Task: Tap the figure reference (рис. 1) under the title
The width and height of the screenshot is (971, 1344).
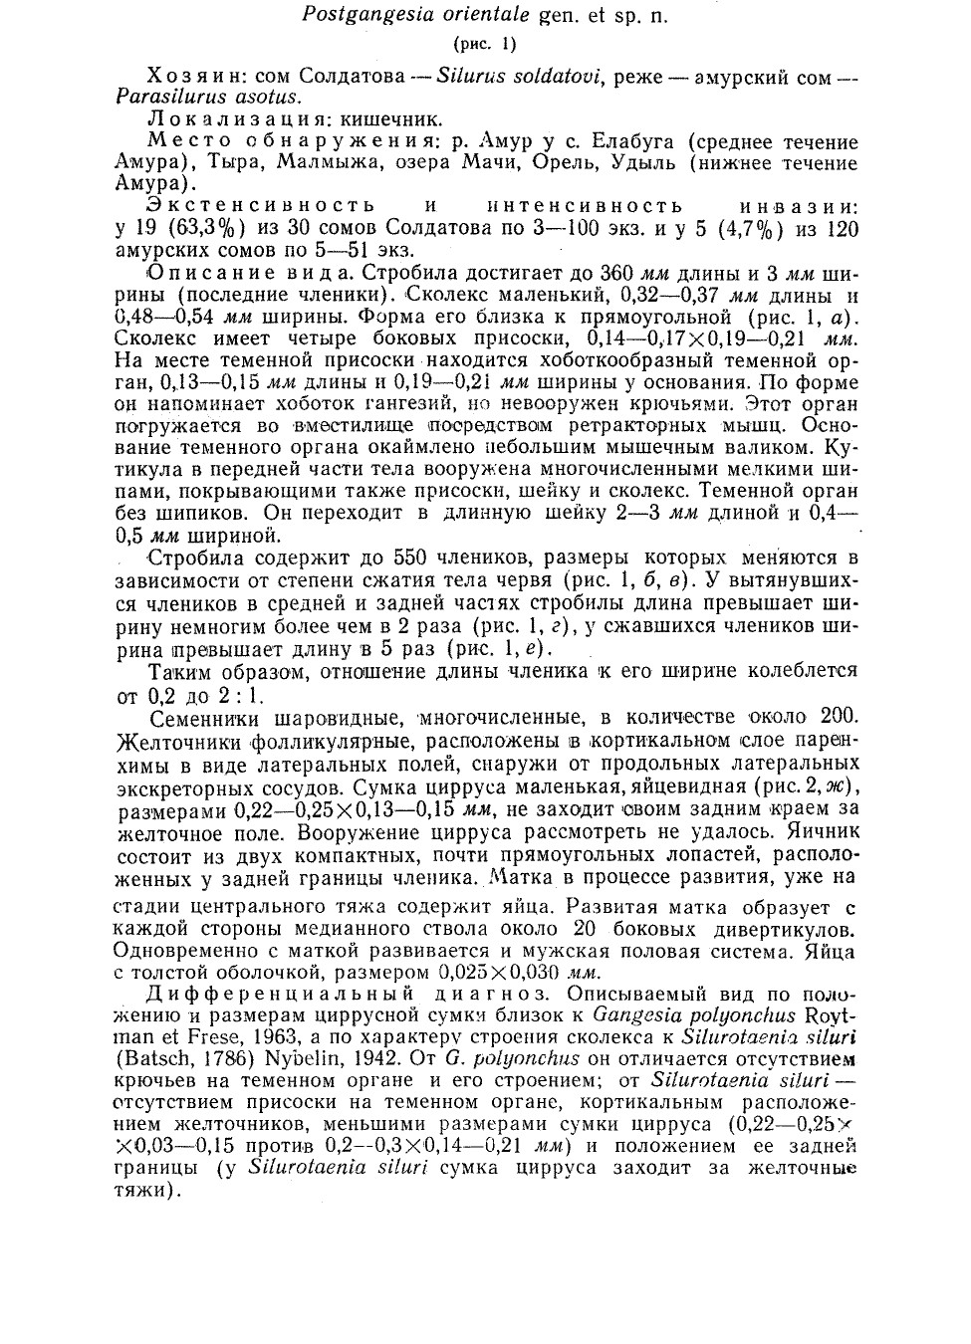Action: pyautogui.click(x=485, y=44)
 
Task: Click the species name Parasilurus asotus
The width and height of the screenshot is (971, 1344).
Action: pyautogui.click(x=208, y=98)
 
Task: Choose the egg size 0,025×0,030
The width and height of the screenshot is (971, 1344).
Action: pyautogui.click(x=492, y=973)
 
